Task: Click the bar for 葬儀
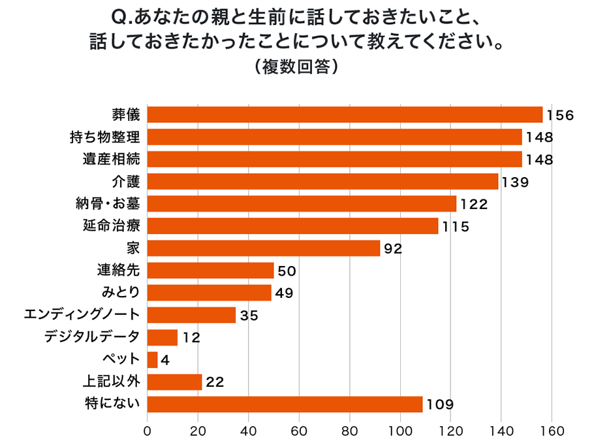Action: click(x=345, y=115)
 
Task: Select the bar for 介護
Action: click(x=322, y=182)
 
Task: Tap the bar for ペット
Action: click(x=153, y=359)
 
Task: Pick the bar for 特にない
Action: click(x=285, y=404)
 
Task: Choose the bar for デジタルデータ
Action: click(x=163, y=337)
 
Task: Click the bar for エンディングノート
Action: click(x=191, y=315)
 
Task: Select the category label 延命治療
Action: click(x=111, y=226)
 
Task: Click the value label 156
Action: click(x=559, y=116)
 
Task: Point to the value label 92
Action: click(x=392, y=249)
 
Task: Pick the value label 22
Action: click(x=215, y=382)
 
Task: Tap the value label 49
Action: click(x=283, y=293)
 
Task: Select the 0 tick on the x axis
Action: click(x=148, y=431)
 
